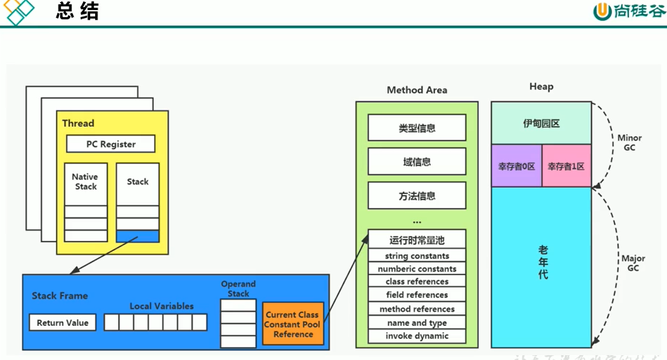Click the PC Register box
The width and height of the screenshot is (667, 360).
(x=110, y=144)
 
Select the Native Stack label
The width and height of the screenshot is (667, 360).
(x=85, y=182)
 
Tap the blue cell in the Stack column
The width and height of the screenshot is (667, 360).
(x=138, y=236)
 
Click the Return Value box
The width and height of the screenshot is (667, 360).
(x=62, y=323)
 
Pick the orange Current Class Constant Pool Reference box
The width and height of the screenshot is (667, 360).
(x=293, y=324)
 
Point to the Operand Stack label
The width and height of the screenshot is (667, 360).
(x=238, y=289)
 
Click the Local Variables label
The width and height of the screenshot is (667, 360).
(x=162, y=306)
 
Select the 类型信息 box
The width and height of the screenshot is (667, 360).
(x=417, y=128)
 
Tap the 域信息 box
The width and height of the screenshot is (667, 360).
(x=417, y=162)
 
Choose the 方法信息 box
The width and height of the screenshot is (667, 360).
(x=417, y=196)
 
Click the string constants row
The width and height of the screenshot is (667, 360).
(x=417, y=256)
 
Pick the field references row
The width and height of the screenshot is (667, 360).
(x=417, y=295)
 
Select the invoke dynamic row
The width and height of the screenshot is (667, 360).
(x=417, y=336)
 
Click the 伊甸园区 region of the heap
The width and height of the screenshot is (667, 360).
(x=541, y=124)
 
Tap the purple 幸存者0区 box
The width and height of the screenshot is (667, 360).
(x=516, y=166)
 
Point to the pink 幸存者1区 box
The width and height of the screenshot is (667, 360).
(x=566, y=166)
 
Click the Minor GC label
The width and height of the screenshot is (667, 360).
(x=629, y=143)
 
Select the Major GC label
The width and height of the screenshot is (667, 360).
(x=633, y=263)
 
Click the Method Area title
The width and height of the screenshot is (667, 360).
(x=417, y=90)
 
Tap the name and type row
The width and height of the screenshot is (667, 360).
(x=417, y=323)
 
